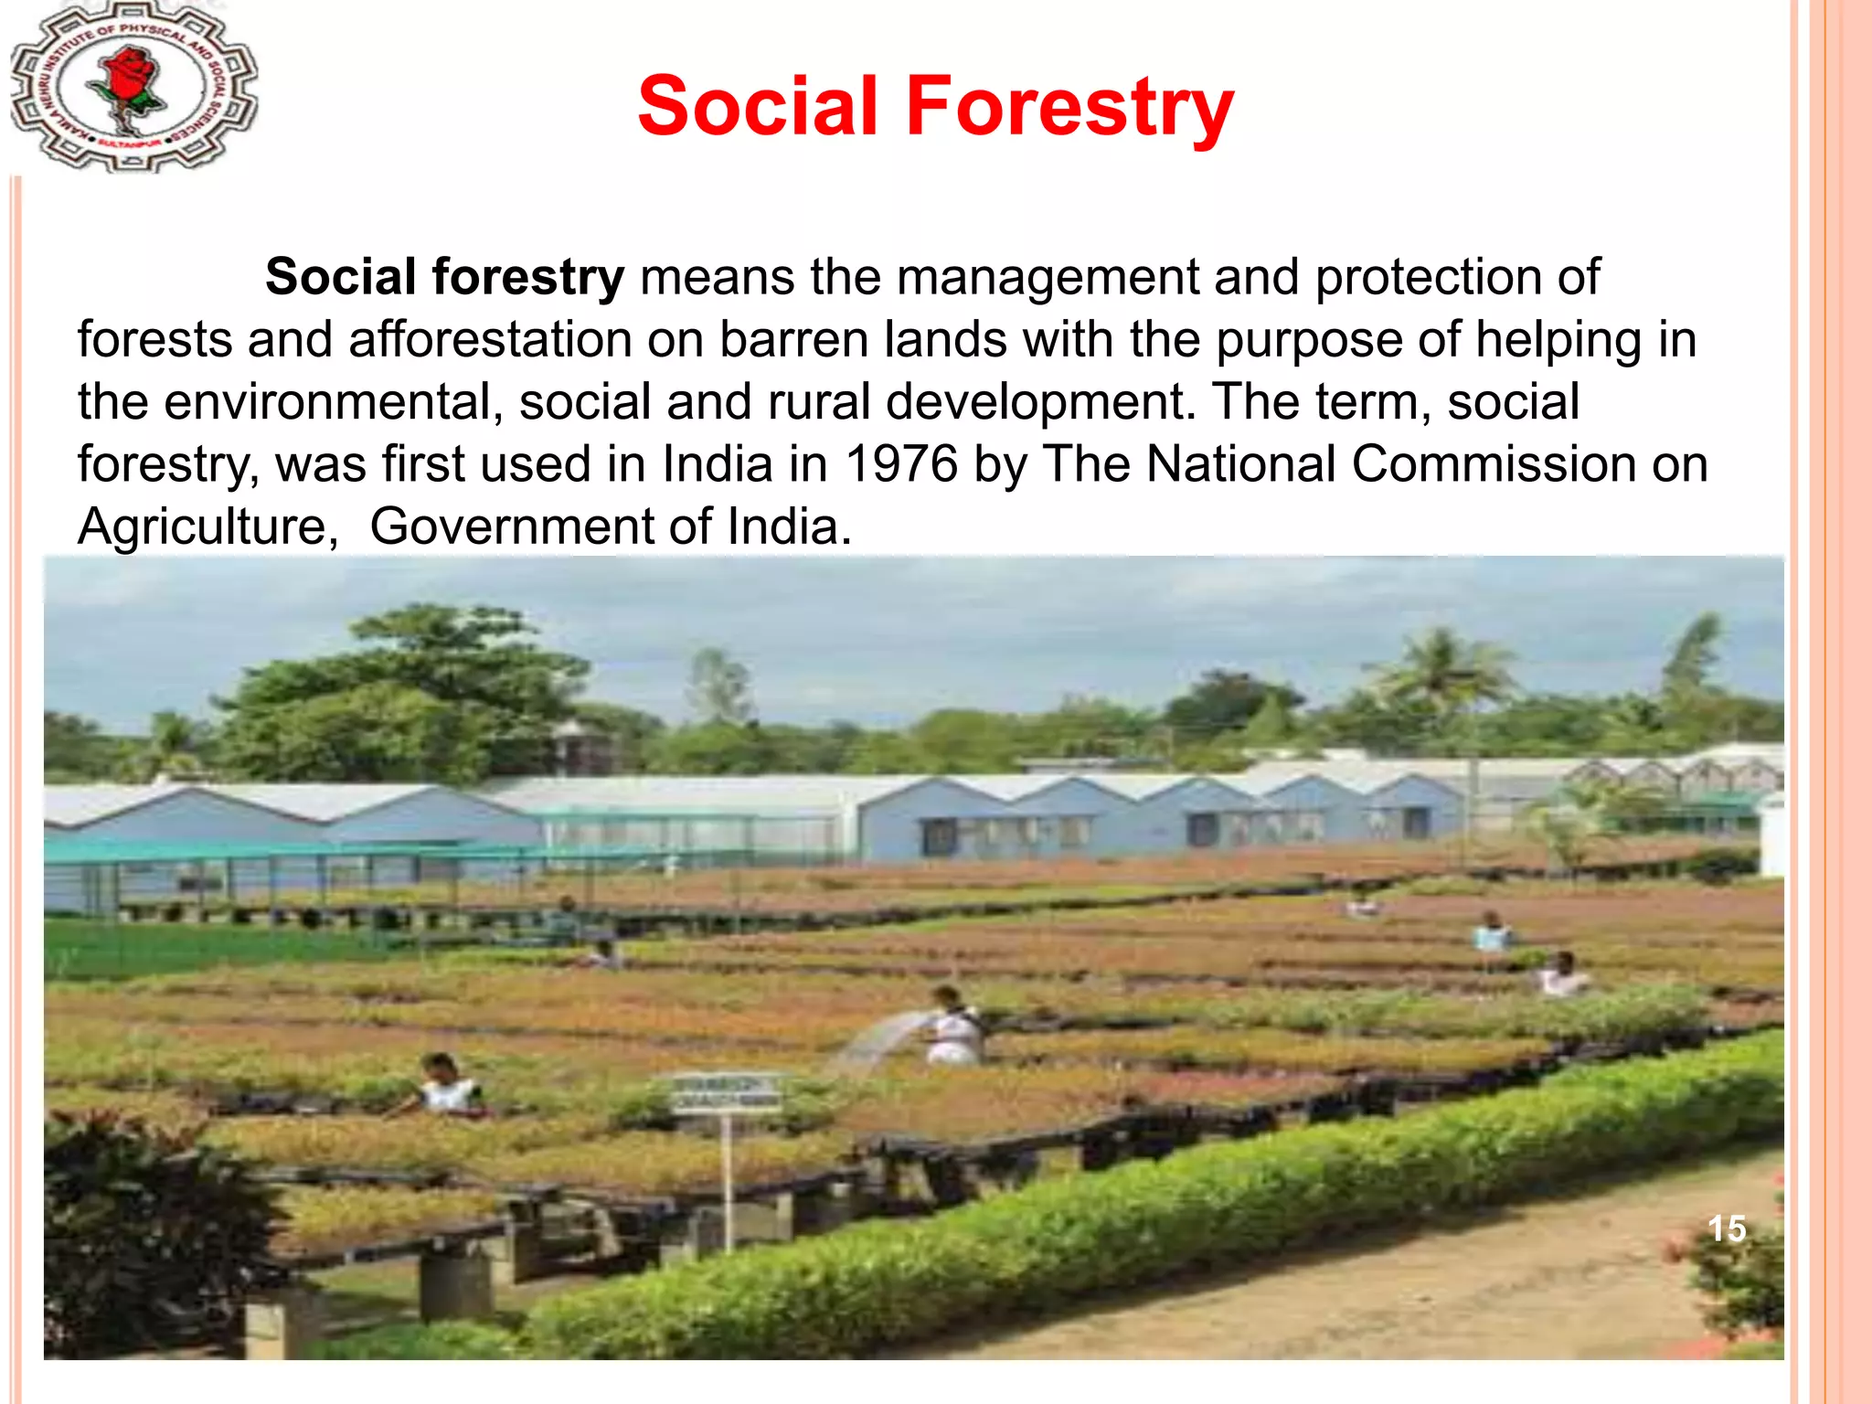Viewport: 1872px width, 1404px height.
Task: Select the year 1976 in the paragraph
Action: pyautogui.click(x=902, y=463)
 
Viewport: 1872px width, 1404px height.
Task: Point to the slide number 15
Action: pyautogui.click(x=1727, y=1228)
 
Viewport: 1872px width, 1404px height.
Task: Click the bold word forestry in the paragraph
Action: pyautogui.click(x=527, y=277)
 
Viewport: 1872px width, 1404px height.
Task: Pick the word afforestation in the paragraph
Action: pyautogui.click(x=490, y=339)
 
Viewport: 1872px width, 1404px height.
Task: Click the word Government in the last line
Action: pyautogui.click(x=511, y=527)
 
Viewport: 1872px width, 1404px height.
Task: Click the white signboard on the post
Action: pyautogui.click(x=727, y=1092)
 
